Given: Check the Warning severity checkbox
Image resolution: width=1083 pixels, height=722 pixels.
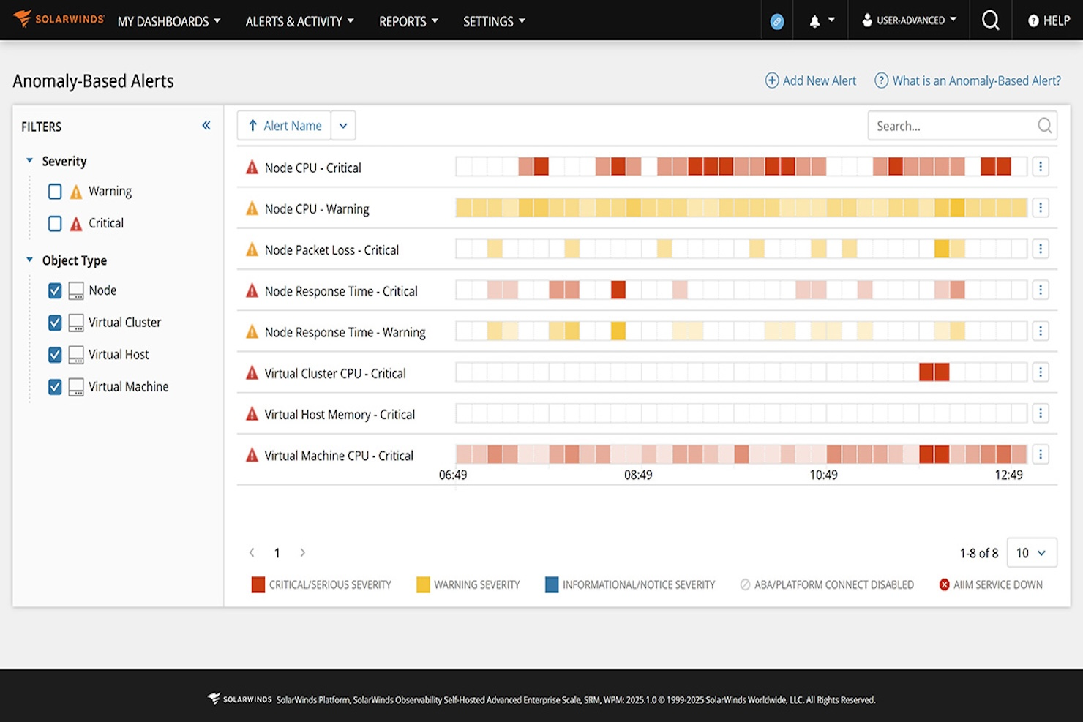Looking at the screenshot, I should (x=55, y=192).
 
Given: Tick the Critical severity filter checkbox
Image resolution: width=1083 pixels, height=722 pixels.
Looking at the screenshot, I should (x=55, y=224).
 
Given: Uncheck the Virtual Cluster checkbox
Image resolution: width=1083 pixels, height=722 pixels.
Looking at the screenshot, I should (x=55, y=323).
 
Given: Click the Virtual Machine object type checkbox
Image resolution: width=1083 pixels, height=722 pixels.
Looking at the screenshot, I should (x=55, y=387).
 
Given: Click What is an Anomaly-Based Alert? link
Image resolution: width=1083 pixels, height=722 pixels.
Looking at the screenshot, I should (x=967, y=81).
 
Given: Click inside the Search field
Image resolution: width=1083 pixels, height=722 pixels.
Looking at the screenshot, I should (x=951, y=127).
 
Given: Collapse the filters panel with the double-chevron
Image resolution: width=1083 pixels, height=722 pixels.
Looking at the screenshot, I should (x=206, y=126).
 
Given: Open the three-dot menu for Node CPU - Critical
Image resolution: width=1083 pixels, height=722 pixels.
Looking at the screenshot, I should (x=1041, y=168).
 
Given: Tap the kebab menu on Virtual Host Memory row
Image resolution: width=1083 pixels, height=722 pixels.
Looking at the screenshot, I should (x=1041, y=414).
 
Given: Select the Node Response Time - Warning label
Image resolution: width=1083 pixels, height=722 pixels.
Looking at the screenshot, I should (x=345, y=333).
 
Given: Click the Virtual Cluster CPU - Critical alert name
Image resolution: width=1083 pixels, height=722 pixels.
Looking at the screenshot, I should (x=334, y=374).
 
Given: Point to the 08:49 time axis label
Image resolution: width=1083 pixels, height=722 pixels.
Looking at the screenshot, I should (x=638, y=475).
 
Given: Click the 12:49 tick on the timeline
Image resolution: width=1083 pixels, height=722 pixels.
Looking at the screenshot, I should (x=1008, y=475).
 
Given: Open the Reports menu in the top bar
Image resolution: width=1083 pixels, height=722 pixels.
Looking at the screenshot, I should (x=408, y=21).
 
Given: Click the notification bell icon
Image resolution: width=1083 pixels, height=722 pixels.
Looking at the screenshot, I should (x=814, y=21).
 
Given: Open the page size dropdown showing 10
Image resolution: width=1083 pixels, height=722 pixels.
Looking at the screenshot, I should (x=1032, y=553).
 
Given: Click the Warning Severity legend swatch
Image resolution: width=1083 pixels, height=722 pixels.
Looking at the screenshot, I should (x=423, y=584).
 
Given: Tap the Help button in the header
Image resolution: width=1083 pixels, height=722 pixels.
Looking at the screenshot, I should (x=1049, y=21).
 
